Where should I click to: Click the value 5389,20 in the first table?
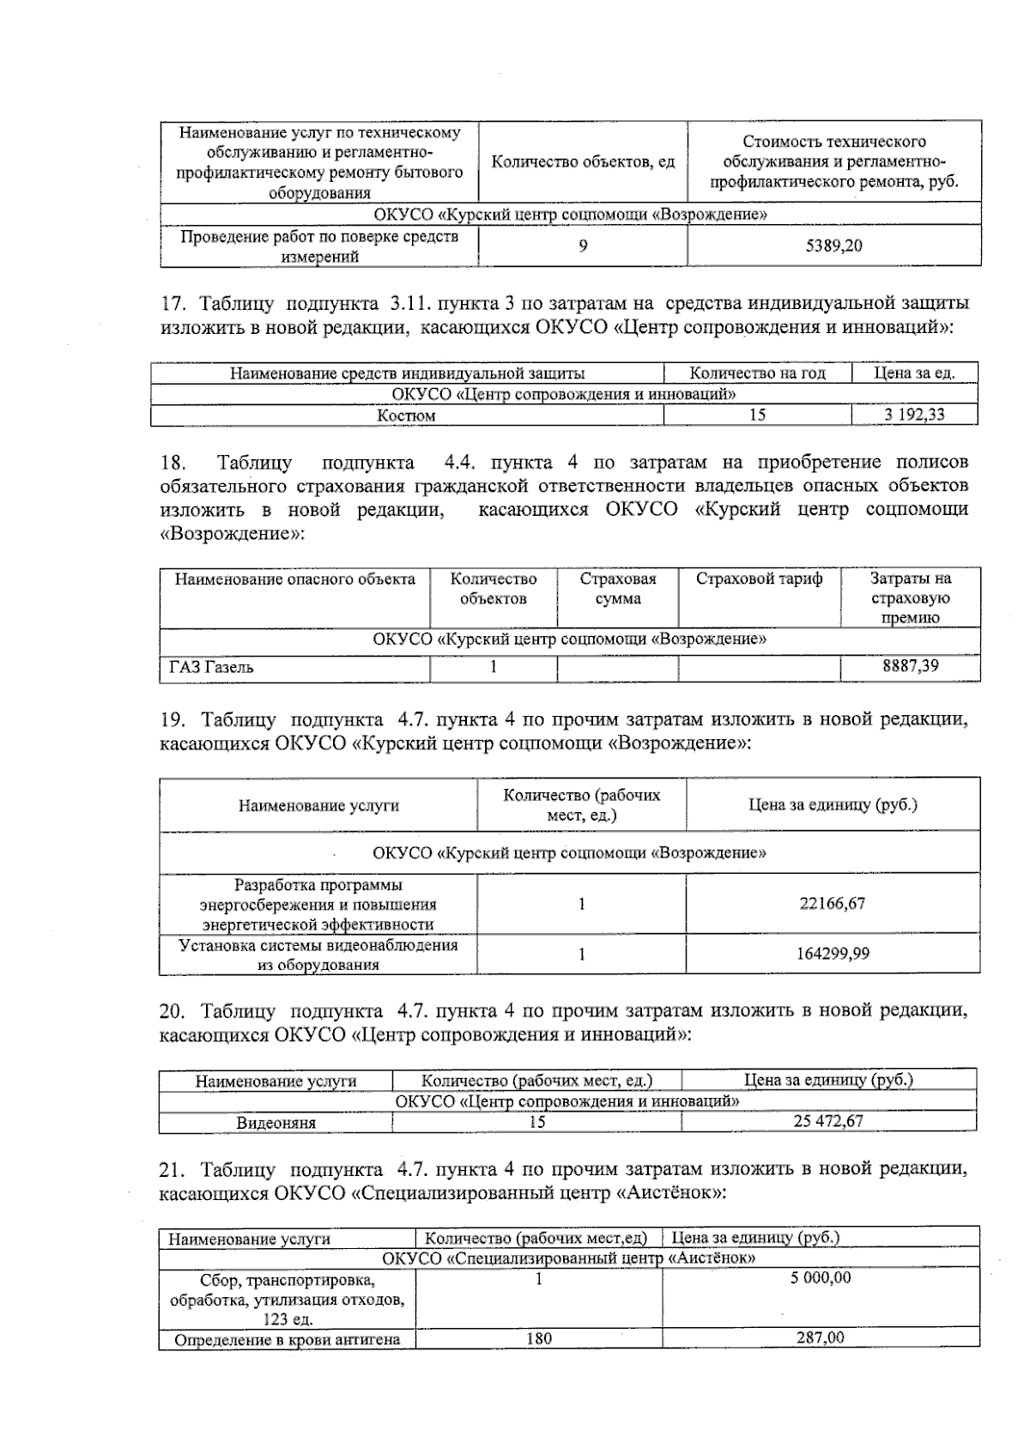point(833,246)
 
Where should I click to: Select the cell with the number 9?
point(583,246)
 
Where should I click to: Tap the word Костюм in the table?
point(407,415)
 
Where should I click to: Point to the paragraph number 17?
point(174,304)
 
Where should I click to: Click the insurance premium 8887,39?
point(910,666)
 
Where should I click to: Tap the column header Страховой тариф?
point(759,579)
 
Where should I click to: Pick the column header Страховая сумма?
point(617,588)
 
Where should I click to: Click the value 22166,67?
point(832,903)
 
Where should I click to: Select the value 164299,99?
point(832,954)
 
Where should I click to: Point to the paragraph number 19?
point(174,719)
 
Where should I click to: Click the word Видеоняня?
point(276,1123)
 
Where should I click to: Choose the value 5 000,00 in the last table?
point(820,1278)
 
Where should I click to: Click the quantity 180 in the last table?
point(538,1338)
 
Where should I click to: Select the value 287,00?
point(820,1338)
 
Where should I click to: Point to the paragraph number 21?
point(174,1169)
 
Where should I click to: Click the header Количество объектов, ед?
point(583,162)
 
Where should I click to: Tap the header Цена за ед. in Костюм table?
point(913,373)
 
